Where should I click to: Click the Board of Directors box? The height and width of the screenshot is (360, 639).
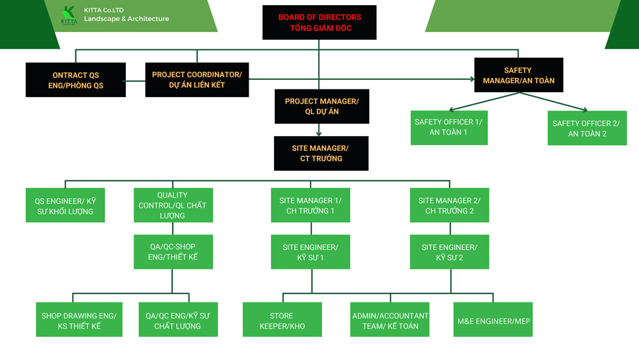pos(319,22)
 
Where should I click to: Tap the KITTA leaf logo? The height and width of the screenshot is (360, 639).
pos(68,15)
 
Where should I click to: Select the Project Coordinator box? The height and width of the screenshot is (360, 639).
pos(197,79)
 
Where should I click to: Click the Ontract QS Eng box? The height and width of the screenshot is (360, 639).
pos(75,80)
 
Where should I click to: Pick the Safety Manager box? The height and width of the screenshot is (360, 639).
pos(518,75)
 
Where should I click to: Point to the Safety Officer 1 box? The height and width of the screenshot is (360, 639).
pos(448,127)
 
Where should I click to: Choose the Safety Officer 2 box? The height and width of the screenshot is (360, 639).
pos(587,128)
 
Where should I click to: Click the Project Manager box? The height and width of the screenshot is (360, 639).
pos(321,106)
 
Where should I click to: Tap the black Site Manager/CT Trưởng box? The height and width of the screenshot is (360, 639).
pos(321,153)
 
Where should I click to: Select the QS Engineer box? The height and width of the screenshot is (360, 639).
pos(65,205)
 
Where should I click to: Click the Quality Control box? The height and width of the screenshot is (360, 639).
pos(173,205)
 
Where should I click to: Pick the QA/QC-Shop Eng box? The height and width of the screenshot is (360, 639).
pos(173,251)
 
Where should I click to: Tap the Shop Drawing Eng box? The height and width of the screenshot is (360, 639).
pos(79,320)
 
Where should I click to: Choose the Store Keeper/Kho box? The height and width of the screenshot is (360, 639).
pos(282,320)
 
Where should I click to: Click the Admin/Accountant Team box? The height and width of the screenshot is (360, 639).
pos(390,320)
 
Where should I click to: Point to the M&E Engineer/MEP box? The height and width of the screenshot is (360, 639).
pos(493,320)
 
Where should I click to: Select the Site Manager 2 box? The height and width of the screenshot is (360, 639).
pos(449,205)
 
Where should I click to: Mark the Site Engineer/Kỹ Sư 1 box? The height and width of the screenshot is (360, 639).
pos(311,252)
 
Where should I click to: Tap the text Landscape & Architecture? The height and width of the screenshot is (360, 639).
pos(127,19)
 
